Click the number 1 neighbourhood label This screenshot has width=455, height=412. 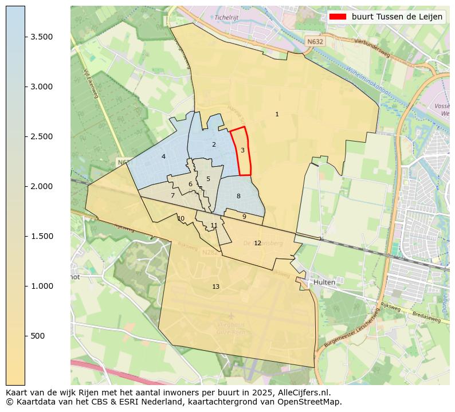pos(277,115)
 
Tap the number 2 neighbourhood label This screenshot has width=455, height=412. pos(214,145)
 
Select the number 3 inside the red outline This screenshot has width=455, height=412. pos(242,151)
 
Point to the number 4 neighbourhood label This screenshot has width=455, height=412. pos(163,157)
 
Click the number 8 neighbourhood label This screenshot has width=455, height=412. pos(238,197)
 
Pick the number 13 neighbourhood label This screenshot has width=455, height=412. pos(215,287)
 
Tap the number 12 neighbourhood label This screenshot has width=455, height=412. pos(257,244)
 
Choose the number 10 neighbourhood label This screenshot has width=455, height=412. pos(181,218)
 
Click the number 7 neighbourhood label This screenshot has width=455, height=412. pos(172,196)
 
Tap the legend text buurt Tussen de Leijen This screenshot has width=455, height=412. pos(397,17)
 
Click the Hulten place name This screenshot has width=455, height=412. pos(324,282)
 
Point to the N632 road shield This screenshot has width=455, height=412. pos(315,42)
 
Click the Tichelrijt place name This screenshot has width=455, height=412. pos(226,17)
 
